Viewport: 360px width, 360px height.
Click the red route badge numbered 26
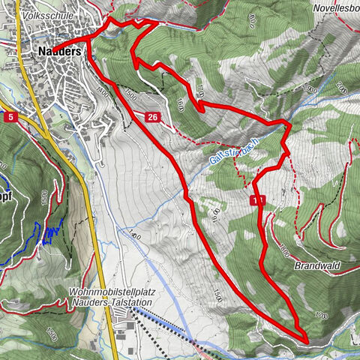(x=152, y=117)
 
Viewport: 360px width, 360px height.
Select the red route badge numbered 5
(x=10, y=117)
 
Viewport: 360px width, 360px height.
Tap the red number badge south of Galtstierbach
(x=258, y=200)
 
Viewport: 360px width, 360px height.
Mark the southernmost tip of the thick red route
(x=307, y=341)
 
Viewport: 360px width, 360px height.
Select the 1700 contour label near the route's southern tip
(x=322, y=315)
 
